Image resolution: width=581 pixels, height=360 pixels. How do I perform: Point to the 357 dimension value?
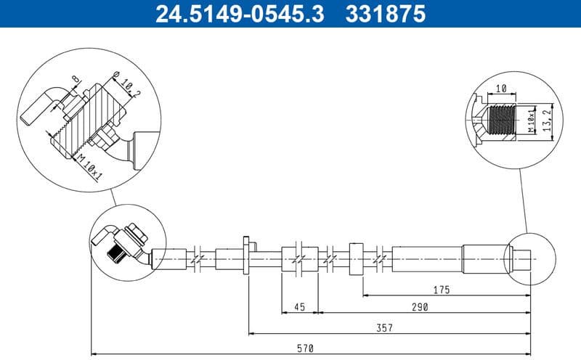(x=385, y=328)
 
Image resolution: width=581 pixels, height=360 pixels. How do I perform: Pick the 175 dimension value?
(x=441, y=290)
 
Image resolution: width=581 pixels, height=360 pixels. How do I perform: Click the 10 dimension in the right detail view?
(x=500, y=89)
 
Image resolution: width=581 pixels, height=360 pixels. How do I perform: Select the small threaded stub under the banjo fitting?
(x=117, y=254)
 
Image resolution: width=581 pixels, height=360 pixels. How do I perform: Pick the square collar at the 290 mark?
(x=355, y=258)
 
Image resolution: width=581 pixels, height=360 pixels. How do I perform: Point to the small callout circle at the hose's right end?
(x=528, y=258)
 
